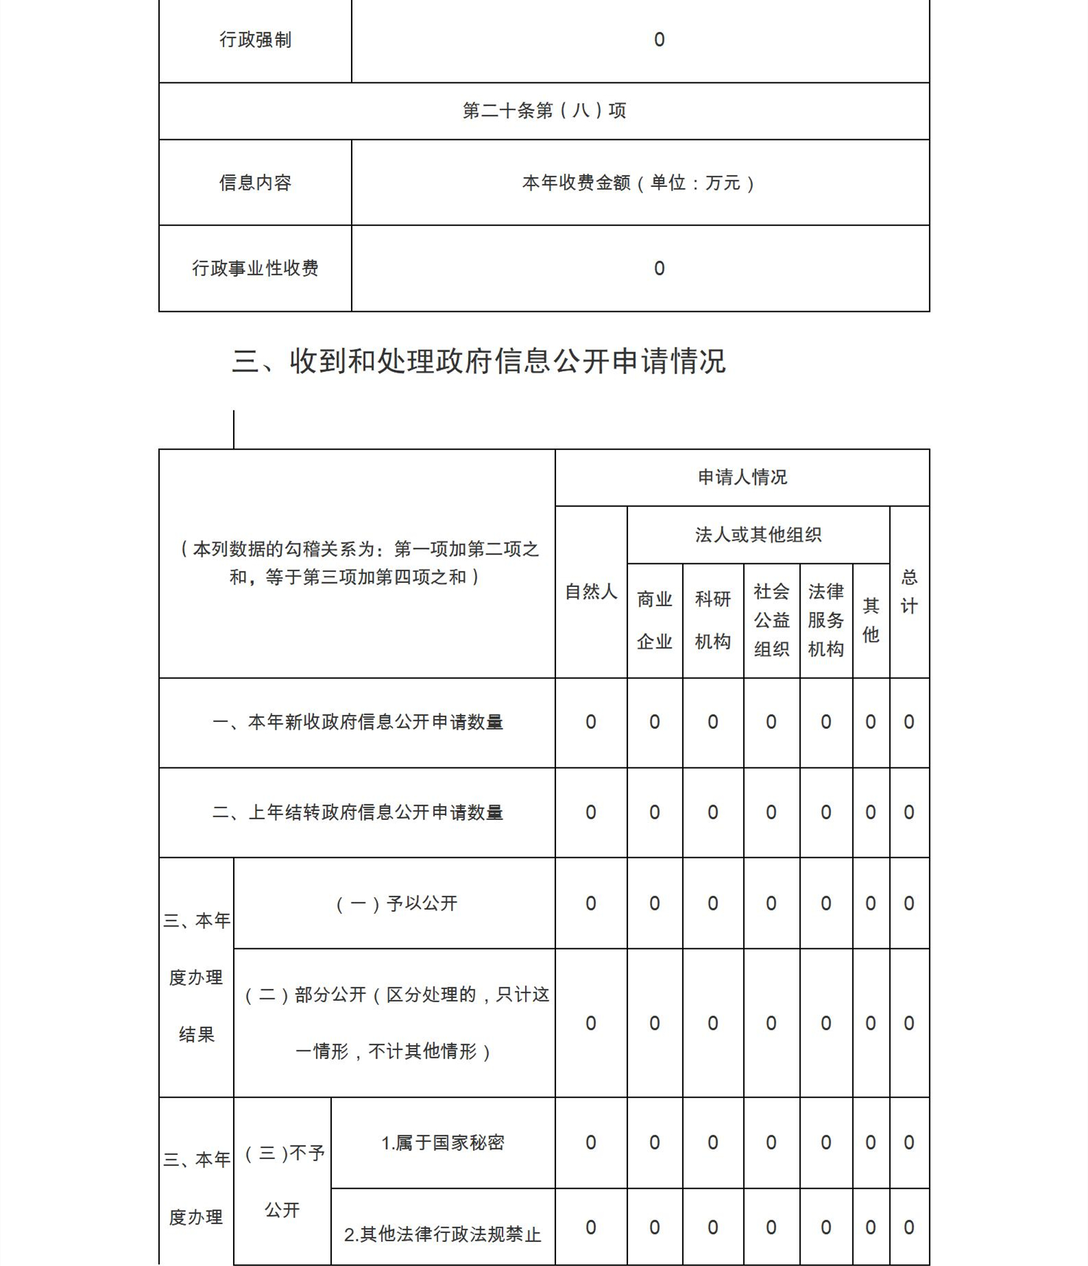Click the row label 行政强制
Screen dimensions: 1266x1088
click(x=255, y=40)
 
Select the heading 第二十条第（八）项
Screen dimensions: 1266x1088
click(x=544, y=111)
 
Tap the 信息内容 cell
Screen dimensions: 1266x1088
click(x=255, y=183)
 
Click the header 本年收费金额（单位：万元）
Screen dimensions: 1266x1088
click(x=640, y=183)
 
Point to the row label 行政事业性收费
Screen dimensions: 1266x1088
click(x=255, y=269)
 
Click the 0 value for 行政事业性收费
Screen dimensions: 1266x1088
click(x=659, y=269)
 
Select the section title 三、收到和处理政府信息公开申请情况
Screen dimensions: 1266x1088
click(x=479, y=361)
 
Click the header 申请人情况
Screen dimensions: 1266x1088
click(x=742, y=477)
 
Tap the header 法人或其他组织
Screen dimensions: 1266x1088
click(x=758, y=535)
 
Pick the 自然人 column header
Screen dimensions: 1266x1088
click(x=591, y=592)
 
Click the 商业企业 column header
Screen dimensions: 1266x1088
click(x=654, y=620)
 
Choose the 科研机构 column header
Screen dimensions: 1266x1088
click(x=712, y=620)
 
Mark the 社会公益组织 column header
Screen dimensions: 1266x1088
click(x=771, y=620)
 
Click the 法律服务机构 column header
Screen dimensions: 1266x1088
click(x=825, y=620)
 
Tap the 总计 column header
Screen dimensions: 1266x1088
click(x=909, y=592)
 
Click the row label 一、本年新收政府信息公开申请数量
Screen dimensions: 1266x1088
click(x=357, y=722)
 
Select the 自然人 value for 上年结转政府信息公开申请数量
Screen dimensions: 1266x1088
click(x=590, y=812)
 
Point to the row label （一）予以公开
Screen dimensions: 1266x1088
click(x=396, y=904)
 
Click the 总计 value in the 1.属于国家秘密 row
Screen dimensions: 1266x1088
click(x=909, y=1143)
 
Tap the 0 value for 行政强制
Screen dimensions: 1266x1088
click(x=659, y=40)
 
